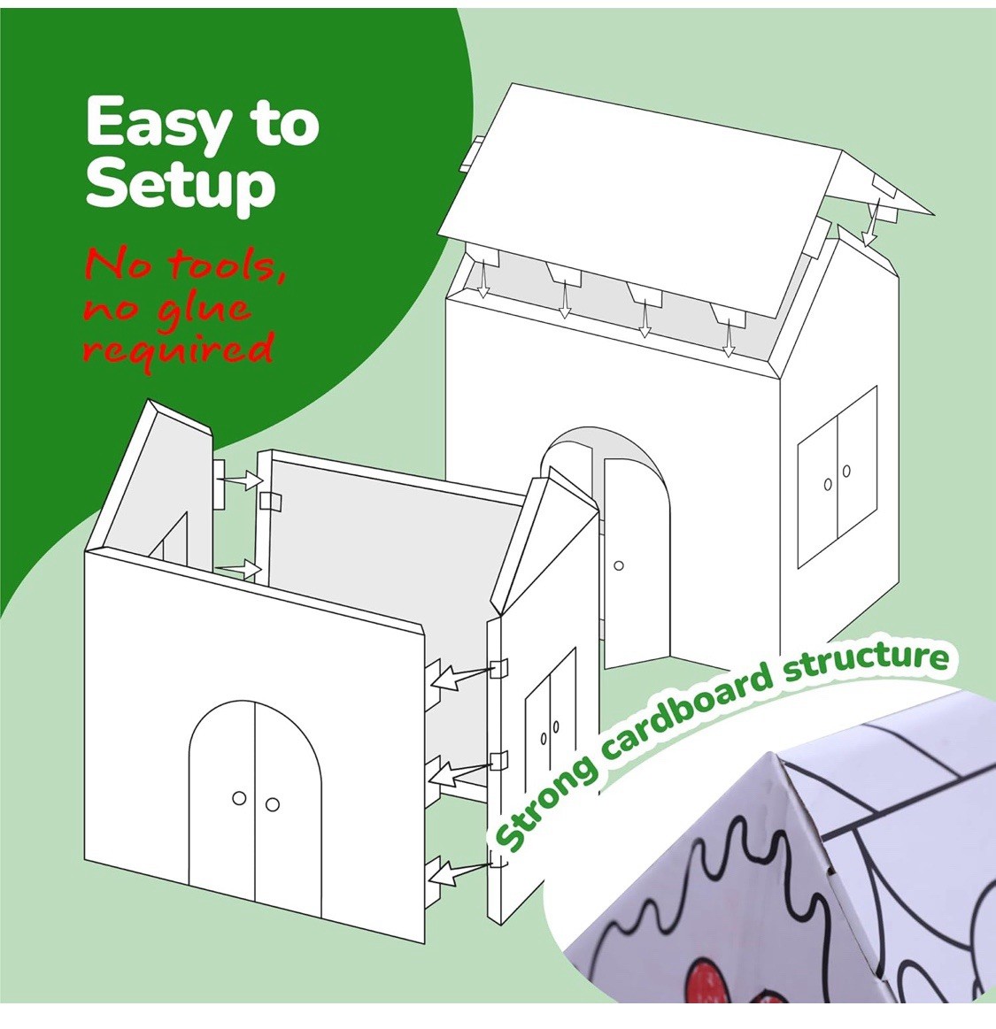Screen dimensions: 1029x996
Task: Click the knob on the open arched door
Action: pyautogui.click(x=618, y=564)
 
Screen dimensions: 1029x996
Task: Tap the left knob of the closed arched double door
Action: pyautogui.click(x=239, y=799)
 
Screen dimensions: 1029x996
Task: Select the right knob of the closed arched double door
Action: pyautogui.click(x=272, y=803)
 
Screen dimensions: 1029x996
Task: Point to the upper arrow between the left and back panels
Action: pyautogui.click(x=241, y=480)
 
